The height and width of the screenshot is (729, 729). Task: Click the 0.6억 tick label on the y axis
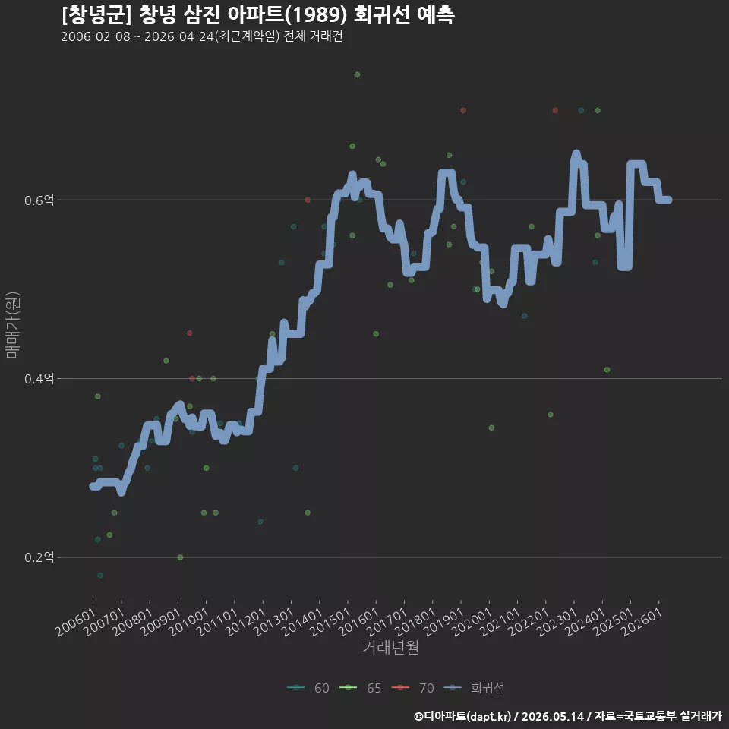[x=39, y=200]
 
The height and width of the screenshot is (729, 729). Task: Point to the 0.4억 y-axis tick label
[x=39, y=379]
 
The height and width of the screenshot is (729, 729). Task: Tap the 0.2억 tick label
[x=39, y=557]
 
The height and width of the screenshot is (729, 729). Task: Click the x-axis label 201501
[x=330, y=622]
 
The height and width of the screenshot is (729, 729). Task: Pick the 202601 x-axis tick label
[x=642, y=622]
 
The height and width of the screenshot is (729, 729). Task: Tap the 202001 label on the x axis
[x=472, y=622]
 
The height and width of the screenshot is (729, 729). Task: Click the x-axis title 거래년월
[x=390, y=647]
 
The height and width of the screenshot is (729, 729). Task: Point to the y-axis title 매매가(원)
[x=12, y=325]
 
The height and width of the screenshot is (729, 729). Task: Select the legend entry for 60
[x=308, y=688]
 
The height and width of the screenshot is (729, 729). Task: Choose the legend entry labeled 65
[x=361, y=688]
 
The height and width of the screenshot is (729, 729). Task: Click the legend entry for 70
[x=413, y=688]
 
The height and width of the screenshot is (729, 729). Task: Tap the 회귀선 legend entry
[x=474, y=688]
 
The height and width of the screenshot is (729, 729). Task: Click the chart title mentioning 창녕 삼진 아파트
[x=258, y=15]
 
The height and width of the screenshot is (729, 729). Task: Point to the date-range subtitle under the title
[x=202, y=36]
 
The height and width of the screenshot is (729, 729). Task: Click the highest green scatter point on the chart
[x=357, y=75]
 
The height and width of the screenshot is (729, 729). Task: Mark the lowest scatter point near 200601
[x=100, y=575]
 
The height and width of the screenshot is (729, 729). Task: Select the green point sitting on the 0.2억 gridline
[x=181, y=557]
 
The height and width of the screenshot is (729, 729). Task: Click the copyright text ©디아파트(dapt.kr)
[x=462, y=716]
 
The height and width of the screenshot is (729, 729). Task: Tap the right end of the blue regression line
[x=668, y=200]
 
